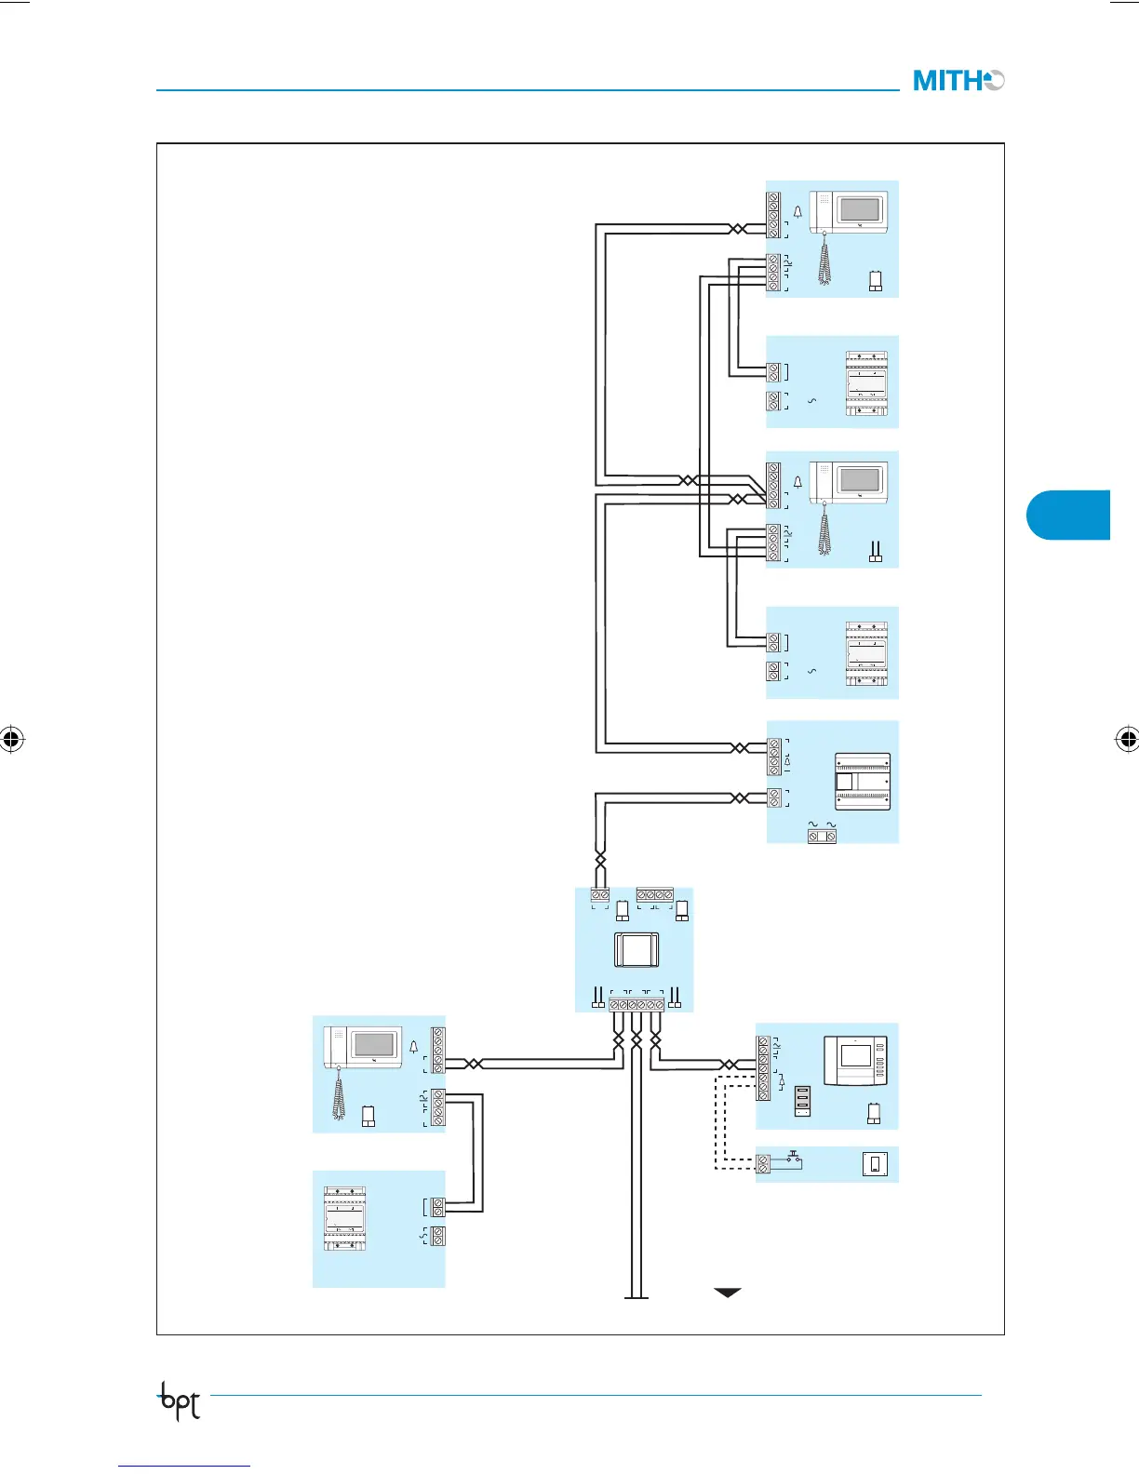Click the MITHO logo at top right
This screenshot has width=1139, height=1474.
click(958, 81)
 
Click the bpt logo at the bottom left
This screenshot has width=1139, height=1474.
click(180, 1400)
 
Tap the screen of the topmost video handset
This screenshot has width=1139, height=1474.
click(859, 208)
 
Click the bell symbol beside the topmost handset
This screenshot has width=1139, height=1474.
click(797, 212)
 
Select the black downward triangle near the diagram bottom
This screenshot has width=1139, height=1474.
click(727, 1292)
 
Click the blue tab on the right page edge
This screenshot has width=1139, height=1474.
click(1069, 515)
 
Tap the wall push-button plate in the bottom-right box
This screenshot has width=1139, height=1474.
click(875, 1163)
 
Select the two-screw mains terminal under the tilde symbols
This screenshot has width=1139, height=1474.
click(822, 837)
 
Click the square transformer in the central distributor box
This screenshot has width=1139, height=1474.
click(636, 950)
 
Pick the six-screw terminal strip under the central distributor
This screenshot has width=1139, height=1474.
click(636, 1005)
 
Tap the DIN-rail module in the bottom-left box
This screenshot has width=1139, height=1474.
click(344, 1219)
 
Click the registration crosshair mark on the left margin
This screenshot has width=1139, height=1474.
click(11, 740)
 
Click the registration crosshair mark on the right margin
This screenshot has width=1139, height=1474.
click(1127, 740)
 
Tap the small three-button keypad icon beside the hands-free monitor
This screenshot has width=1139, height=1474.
click(803, 1100)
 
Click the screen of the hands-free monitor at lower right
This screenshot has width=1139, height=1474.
click(856, 1055)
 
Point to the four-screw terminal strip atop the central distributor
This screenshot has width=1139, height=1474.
click(654, 894)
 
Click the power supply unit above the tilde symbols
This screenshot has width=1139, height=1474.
click(863, 782)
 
